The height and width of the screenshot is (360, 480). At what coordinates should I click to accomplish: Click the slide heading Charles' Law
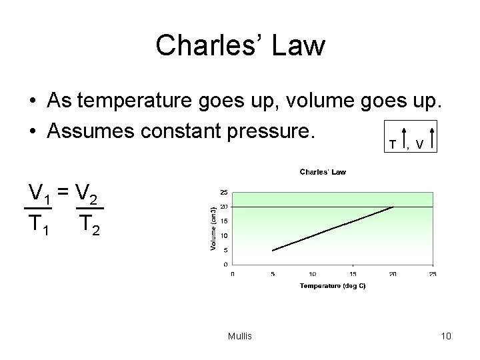point(240,46)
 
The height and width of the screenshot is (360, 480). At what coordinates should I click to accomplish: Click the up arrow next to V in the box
point(433,139)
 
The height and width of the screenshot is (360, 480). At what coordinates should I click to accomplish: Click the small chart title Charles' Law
point(323,172)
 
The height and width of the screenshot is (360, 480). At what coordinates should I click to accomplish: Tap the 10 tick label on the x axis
point(312,273)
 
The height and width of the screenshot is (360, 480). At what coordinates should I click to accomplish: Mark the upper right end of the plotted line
point(393,207)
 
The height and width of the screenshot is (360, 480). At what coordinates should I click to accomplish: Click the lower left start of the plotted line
point(273,251)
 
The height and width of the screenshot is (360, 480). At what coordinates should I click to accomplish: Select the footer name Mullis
point(239,336)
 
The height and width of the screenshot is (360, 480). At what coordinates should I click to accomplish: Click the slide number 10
point(446,336)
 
